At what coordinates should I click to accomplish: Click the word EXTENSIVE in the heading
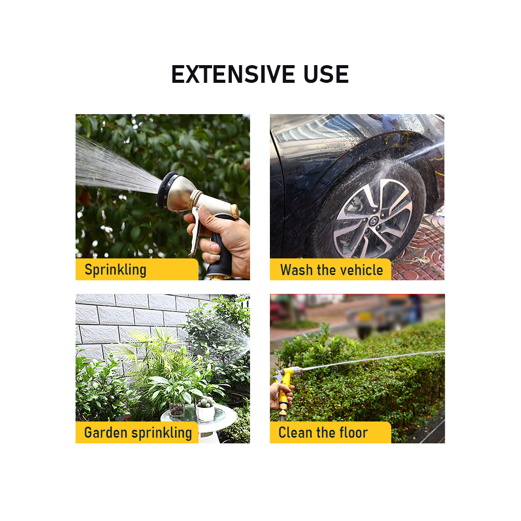pyautogui.click(x=233, y=74)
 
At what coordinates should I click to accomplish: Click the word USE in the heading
pyautogui.click(x=326, y=74)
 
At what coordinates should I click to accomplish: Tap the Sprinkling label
pyautogui.click(x=115, y=269)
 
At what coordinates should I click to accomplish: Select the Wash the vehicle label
pyautogui.click(x=331, y=270)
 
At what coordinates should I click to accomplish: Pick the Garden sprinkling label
pyautogui.click(x=138, y=432)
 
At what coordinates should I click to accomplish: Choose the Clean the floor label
pyautogui.click(x=323, y=432)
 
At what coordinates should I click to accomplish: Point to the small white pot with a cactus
pyautogui.click(x=205, y=410)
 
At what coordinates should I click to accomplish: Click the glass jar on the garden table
pyautogui.click(x=177, y=408)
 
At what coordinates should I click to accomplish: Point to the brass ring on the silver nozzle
pyautogui.click(x=234, y=212)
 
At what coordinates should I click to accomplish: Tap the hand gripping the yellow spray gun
pyautogui.click(x=281, y=395)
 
